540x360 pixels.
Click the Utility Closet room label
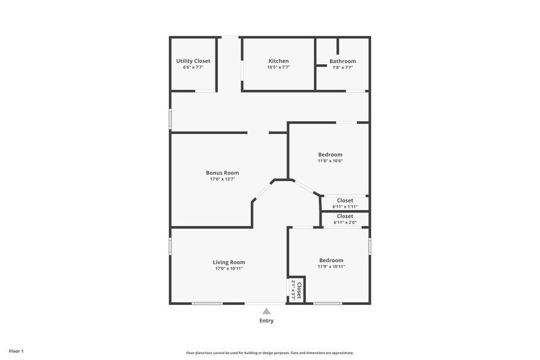tap(193, 61)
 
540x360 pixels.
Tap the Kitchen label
tap(279, 61)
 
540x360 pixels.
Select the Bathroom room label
tap(342, 61)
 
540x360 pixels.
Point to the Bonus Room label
tap(222, 173)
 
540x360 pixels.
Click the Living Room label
tap(229, 262)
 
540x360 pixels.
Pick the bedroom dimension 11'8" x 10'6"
tap(330, 161)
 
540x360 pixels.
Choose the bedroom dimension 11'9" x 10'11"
tap(331, 266)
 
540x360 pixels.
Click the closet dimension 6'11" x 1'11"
tap(345, 207)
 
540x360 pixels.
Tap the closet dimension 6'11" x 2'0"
tap(345, 222)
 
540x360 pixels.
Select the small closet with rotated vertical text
tap(296, 289)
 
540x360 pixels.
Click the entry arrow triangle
tap(266, 311)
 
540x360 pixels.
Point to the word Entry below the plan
tap(266, 320)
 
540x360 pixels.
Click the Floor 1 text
tap(16, 351)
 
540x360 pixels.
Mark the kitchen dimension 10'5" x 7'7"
tap(279, 67)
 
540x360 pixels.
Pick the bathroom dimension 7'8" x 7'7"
tap(342, 67)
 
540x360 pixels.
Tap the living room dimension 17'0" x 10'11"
tap(229, 268)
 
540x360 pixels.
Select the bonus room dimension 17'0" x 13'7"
tap(222, 179)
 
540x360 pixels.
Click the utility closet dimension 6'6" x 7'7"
tap(193, 67)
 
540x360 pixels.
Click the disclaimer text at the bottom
tap(269, 353)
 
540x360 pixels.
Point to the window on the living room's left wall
tap(170, 245)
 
